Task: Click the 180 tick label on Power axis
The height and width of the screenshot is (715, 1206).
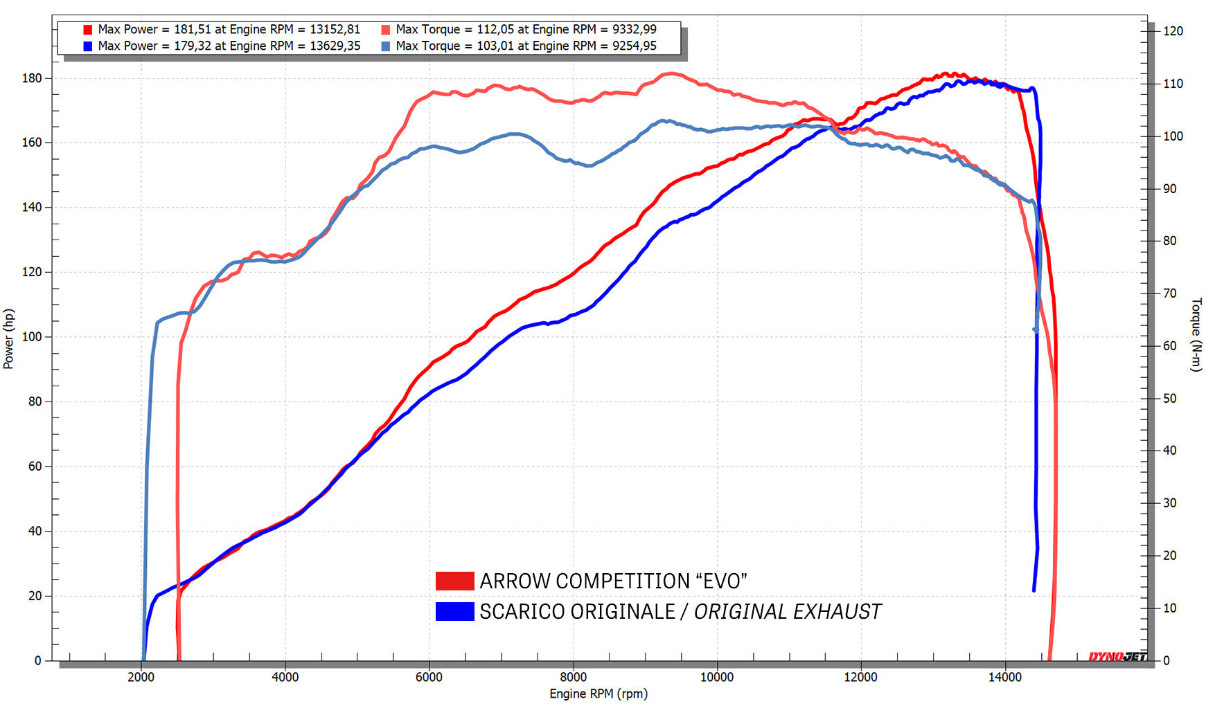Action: (x=32, y=78)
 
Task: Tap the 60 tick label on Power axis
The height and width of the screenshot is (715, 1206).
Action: (x=35, y=467)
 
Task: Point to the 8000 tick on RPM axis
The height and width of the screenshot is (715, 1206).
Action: (x=573, y=677)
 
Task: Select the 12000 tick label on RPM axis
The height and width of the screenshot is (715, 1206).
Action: (x=860, y=677)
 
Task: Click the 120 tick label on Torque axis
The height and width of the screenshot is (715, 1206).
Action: (x=1173, y=31)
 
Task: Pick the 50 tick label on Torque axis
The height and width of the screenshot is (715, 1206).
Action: (x=1169, y=399)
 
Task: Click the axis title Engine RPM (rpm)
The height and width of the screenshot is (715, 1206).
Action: (x=598, y=694)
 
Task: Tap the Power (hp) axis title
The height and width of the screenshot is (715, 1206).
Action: (x=9, y=338)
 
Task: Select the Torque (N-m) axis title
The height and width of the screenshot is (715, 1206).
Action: (x=1196, y=334)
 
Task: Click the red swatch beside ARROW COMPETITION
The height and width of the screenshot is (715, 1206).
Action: (x=454, y=581)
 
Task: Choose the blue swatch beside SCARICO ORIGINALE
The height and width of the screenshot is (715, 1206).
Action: (x=454, y=611)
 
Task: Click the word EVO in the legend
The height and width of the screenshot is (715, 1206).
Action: (x=721, y=581)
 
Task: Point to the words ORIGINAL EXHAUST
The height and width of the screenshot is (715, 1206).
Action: (x=788, y=612)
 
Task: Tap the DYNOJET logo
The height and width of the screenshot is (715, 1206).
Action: (x=1117, y=656)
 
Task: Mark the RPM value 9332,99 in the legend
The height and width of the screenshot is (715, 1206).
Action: (x=635, y=29)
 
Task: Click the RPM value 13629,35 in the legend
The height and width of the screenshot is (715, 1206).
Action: (x=335, y=46)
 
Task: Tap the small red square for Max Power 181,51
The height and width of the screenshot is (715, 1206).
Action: (x=88, y=30)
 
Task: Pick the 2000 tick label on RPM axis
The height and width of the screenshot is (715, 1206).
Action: (x=141, y=677)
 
